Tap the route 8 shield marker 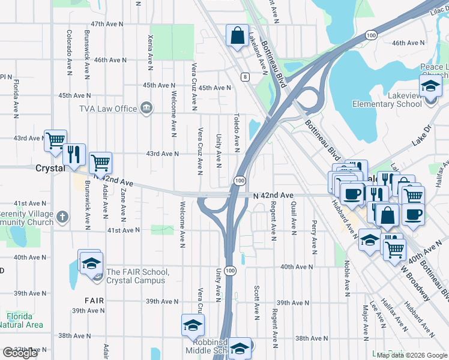(245, 77)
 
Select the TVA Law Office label (109, 109)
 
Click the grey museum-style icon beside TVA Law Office (146, 108)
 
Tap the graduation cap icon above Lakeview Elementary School (430, 86)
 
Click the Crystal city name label (50, 169)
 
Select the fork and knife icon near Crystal (74, 154)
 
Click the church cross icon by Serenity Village (63, 215)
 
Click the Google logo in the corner (20, 353)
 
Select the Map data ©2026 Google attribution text (411, 355)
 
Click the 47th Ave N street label (107, 24)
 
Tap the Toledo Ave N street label (237, 131)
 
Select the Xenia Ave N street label (149, 47)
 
